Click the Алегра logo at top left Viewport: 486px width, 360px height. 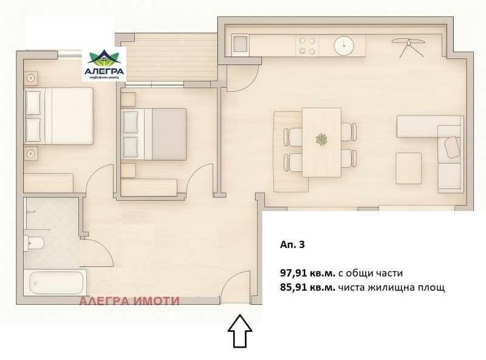tap(104, 64)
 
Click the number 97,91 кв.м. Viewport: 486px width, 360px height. tap(307, 273)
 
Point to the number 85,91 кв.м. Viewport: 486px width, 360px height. tap(307, 287)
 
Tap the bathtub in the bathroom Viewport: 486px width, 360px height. tap(56, 283)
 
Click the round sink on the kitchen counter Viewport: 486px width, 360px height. tap(344, 44)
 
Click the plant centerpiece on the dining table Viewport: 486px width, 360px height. tap(322, 140)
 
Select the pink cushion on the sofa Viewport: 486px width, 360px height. tap(453, 146)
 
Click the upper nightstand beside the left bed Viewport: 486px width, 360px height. tap(31, 78)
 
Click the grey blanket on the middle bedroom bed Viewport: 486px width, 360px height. tap(168, 134)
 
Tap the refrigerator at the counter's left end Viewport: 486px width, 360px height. tap(240, 44)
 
